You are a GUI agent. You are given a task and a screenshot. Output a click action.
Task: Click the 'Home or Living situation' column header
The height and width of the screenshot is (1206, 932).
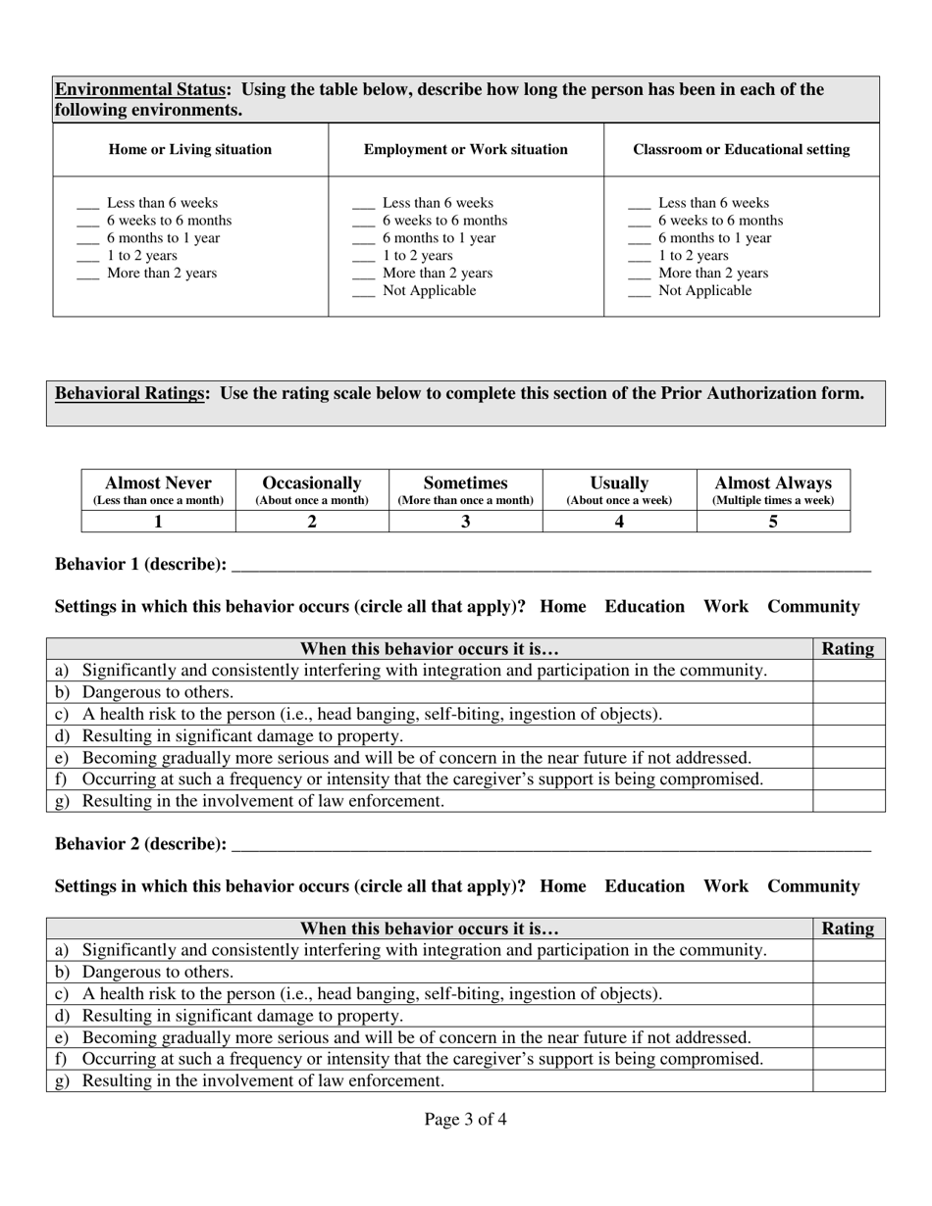[x=190, y=150]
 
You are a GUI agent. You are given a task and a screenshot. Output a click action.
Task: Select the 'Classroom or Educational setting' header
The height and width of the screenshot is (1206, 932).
[x=742, y=150]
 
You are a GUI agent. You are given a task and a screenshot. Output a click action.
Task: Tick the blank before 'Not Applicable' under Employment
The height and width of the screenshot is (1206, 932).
[x=363, y=292]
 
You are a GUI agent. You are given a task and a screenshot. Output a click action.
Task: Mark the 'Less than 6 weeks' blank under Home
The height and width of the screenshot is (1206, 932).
[x=87, y=204]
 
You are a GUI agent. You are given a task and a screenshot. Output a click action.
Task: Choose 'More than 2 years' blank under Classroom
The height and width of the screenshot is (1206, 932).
[x=639, y=275]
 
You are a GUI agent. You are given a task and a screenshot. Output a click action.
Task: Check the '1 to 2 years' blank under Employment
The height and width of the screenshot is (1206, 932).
[x=363, y=257]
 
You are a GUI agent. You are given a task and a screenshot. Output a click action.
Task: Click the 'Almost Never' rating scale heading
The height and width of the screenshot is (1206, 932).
[x=158, y=483]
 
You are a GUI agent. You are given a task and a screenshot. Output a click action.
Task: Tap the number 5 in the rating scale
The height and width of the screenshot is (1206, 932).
[x=773, y=522]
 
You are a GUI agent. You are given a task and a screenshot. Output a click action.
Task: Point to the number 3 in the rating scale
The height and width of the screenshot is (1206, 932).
[x=466, y=522]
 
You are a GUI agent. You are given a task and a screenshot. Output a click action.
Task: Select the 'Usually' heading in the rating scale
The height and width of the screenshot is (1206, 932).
[x=619, y=483]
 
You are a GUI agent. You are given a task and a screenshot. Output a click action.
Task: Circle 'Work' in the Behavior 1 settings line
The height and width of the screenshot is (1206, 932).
[x=726, y=607]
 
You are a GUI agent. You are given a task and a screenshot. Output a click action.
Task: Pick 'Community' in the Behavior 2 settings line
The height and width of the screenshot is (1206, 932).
[x=813, y=886]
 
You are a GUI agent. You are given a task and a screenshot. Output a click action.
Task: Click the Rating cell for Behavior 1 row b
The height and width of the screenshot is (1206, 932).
[x=849, y=692]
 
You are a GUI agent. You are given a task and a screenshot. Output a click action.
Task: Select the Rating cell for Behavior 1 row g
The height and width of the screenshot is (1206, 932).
[x=849, y=801]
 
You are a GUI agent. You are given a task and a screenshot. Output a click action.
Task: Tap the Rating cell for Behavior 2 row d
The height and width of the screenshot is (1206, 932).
[x=849, y=1016]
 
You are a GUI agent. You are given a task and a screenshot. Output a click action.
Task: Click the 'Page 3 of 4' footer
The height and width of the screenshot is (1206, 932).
[x=466, y=1120]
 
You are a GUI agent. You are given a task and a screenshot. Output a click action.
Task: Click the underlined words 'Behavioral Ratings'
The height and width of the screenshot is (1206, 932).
[x=130, y=394]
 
